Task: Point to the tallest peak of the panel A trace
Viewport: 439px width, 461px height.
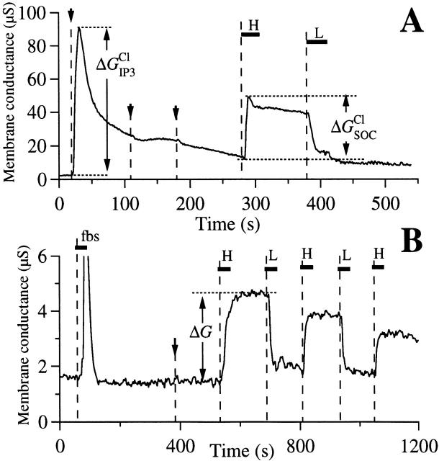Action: click(x=79, y=28)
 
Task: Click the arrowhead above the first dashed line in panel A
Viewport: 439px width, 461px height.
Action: click(x=71, y=15)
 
